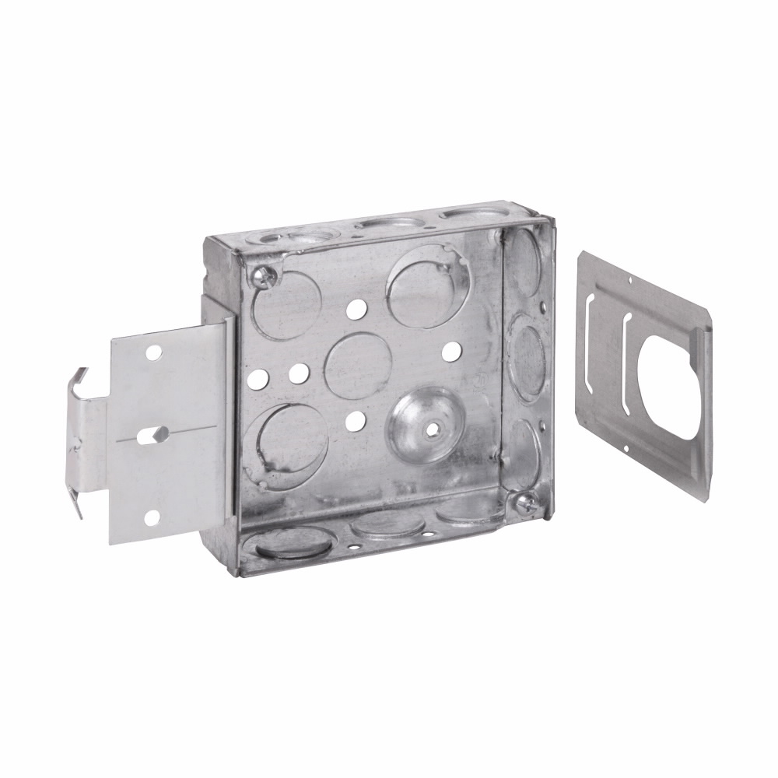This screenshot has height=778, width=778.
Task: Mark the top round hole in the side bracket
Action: point(153,353)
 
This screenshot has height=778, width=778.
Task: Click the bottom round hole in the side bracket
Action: point(152,517)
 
